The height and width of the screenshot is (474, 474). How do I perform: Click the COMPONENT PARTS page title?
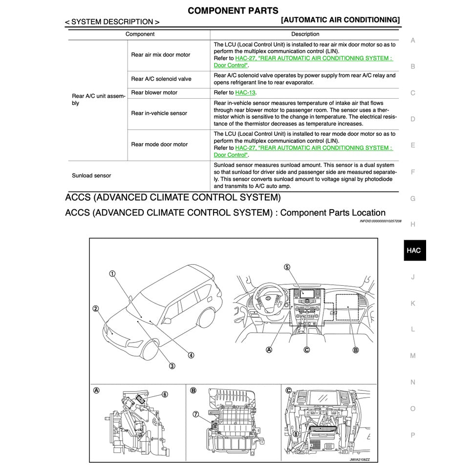click(233, 10)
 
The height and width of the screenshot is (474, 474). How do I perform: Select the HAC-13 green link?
click(245, 92)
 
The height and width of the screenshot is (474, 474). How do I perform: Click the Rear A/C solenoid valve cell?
click(161, 79)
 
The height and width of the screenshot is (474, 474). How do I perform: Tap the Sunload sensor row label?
click(91, 175)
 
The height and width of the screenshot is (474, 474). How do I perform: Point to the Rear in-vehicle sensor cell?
click(159, 113)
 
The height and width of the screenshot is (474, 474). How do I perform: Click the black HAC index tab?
click(413, 250)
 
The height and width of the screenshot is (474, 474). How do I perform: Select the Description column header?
click(305, 34)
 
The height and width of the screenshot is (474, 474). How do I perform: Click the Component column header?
click(140, 34)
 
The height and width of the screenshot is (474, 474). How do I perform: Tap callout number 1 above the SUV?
click(112, 274)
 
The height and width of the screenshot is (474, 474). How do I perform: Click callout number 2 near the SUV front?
click(96, 308)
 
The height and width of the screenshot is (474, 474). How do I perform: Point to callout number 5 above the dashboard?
click(287, 267)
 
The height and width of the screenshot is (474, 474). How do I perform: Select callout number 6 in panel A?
click(165, 394)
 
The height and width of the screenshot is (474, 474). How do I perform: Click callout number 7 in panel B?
click(195, 414)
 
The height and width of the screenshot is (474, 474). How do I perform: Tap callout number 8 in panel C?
click(295, 433)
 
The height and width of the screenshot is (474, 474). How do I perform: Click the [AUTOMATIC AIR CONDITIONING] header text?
click(341, 20)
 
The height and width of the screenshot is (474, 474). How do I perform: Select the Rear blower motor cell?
click(154, 92)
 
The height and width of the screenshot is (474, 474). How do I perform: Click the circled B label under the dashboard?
click(355, 350)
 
